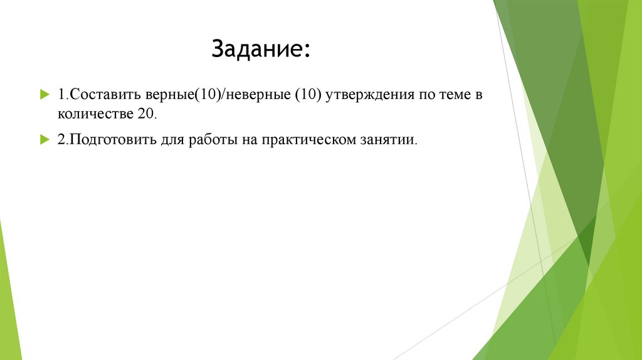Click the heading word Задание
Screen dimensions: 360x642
[x=257, y=50]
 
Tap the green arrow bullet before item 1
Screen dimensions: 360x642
[x=45, y=94]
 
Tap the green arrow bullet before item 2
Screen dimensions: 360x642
[x=45, y=139]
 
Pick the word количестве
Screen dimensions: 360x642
[x=93, y=115]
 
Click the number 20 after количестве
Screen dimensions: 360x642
[x=143, y=115]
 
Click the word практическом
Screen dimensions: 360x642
[x=308, y=139]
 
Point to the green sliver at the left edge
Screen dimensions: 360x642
[x=9, y=295]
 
